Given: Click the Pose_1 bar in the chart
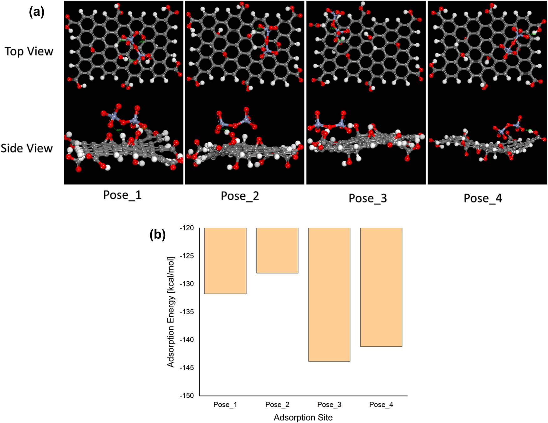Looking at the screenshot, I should click(x=225, y=261).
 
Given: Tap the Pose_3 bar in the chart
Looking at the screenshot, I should click(x=329, y=295).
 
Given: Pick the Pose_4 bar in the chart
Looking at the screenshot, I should click(x=381, y=287).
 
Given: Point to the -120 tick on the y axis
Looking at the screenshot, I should click(x=187, y=228).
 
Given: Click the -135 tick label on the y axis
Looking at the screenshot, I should click(x=187, y=312).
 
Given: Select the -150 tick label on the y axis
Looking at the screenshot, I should click(x=187, y=395).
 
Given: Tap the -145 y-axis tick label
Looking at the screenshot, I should click(x=187, y=368).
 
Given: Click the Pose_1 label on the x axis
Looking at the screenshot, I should click(x=225, y=405).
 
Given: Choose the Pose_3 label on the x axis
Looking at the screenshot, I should click(x=329, y=405).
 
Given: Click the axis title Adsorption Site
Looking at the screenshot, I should click(x=303, y=417).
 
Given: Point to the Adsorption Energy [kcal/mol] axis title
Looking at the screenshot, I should click(x=171, y=312).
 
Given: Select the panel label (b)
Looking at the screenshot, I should click(x=157, y=234).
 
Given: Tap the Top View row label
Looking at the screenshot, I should click(x=29, y=51).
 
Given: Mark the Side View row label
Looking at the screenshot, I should click(x=27, y=148).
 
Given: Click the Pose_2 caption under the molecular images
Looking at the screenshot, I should click(x=240, y=196).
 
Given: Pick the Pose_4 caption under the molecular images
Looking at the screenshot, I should click(x=483, y=198).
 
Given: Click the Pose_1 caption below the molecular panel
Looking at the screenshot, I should click(x=122, y=195).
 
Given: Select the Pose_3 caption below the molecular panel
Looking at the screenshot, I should click(x=368, y=198).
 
